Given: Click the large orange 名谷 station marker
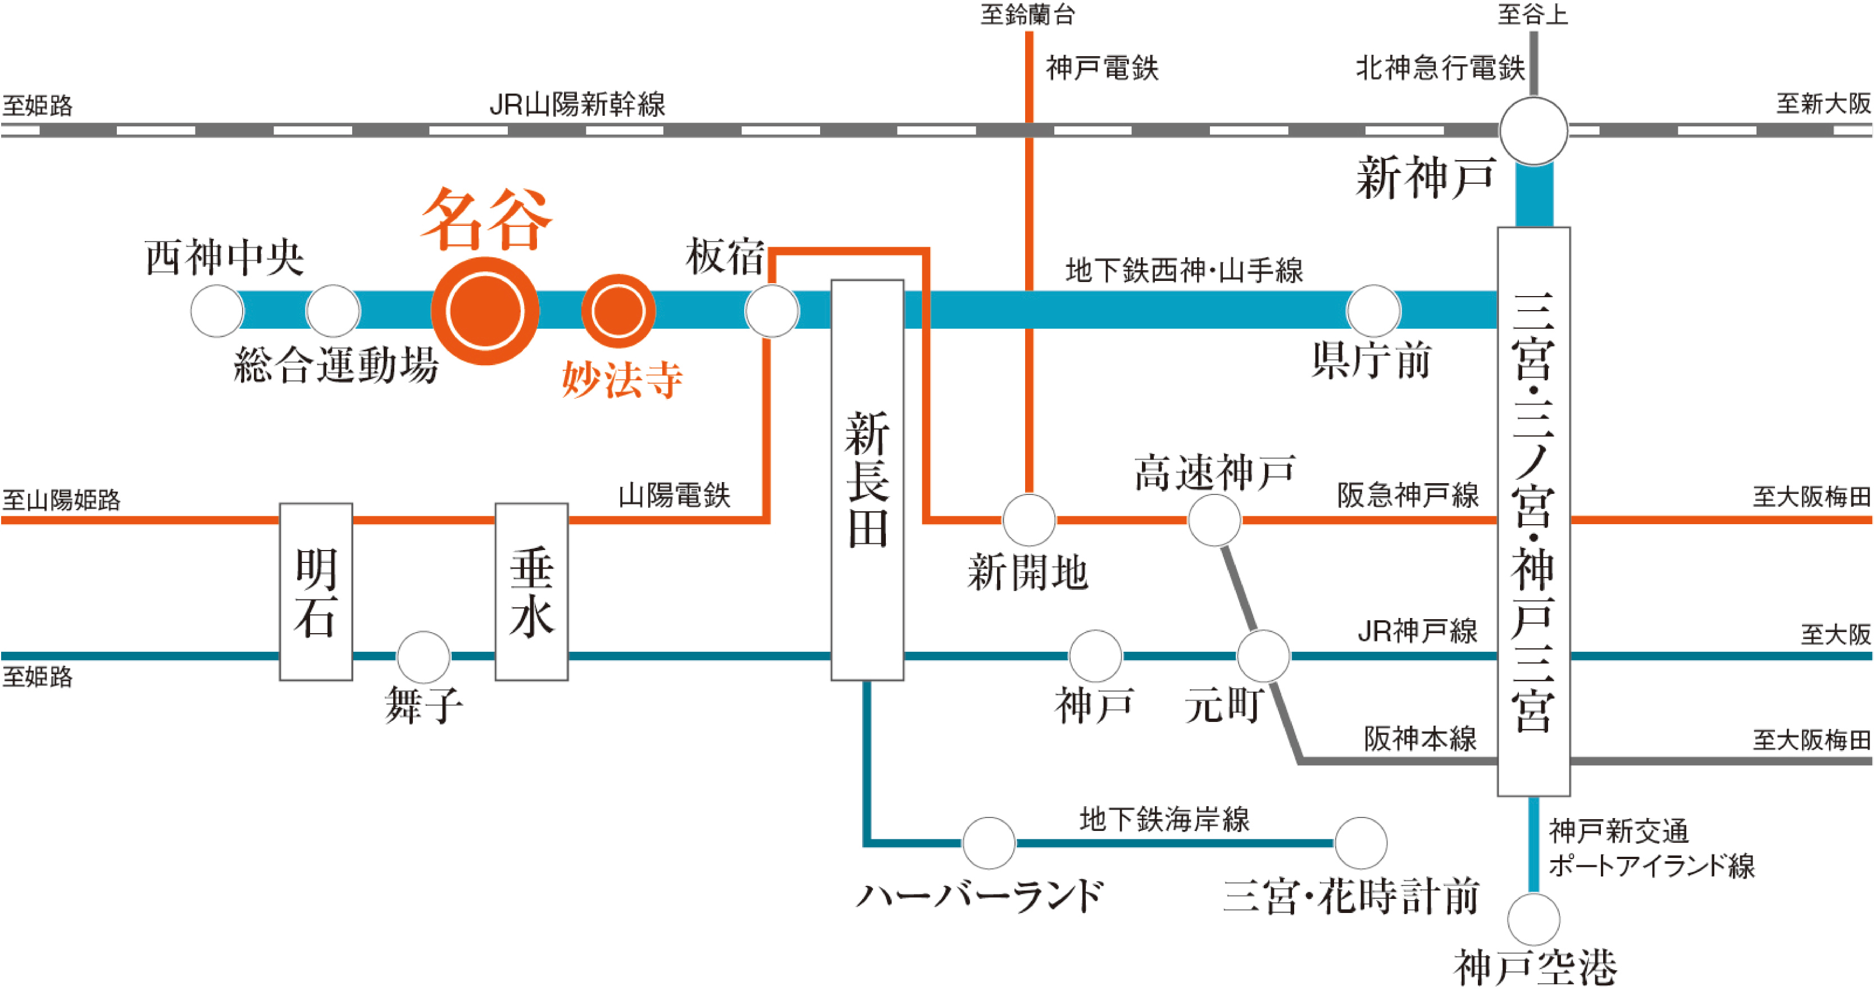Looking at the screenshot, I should tap(485, 311).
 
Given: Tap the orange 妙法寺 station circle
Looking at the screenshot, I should tap(618, 311).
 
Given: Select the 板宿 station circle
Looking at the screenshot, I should tap(772, 311).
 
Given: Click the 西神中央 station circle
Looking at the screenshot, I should tap(217, 311).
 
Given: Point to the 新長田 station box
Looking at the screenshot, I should tap(867, 480).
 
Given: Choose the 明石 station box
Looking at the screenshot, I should tap(316, 592).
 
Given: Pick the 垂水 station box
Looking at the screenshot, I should tap(531, 592).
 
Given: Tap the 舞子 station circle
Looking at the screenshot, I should tap(423, 657).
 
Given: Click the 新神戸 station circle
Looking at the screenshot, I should tap(1533, 131).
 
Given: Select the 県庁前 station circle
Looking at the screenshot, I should tap(1373, 311).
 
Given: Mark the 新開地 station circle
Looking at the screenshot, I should tap(1028, 520).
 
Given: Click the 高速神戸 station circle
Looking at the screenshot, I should tap(1213, 520).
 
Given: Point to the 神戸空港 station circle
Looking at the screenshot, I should tap(1533, 919).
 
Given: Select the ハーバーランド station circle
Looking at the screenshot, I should tap(989, 843).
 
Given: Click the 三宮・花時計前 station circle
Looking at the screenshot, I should tap(1360, 843).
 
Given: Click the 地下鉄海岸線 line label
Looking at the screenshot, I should tap(1164, 819).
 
